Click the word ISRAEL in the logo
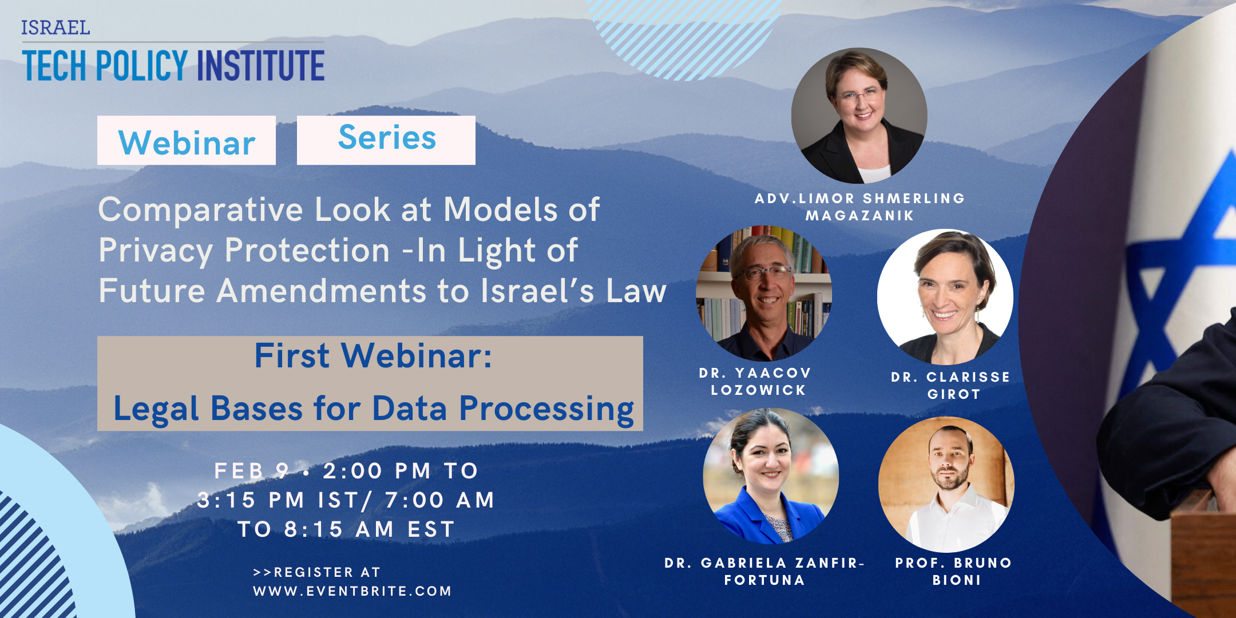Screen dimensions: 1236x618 coord(56,27)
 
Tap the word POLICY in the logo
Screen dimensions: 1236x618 coord(142,65)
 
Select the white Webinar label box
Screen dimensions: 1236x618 coord(187,140)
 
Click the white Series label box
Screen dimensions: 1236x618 coord(386,140)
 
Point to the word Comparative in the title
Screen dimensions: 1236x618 coord(201,211)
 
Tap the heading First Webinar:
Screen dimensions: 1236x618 coord(373,356)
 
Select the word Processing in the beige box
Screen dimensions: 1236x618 coord(547,410)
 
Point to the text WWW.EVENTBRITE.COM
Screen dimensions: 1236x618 coord(352,591)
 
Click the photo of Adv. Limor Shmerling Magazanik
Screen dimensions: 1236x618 coord(859,116)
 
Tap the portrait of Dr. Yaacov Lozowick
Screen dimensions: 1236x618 coord(764,293)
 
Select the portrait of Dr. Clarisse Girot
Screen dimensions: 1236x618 coord(945,297)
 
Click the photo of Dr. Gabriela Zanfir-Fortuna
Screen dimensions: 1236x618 coord(771,476)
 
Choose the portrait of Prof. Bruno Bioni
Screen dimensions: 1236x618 coord(946,485)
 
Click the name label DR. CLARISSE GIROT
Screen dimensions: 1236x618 coord(950,386)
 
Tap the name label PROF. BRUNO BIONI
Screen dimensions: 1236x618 coord(954,571)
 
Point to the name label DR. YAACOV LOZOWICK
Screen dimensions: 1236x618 coord(755,382)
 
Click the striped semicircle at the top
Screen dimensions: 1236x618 coord(684,34)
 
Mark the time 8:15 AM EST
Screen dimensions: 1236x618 coord(369,529)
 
